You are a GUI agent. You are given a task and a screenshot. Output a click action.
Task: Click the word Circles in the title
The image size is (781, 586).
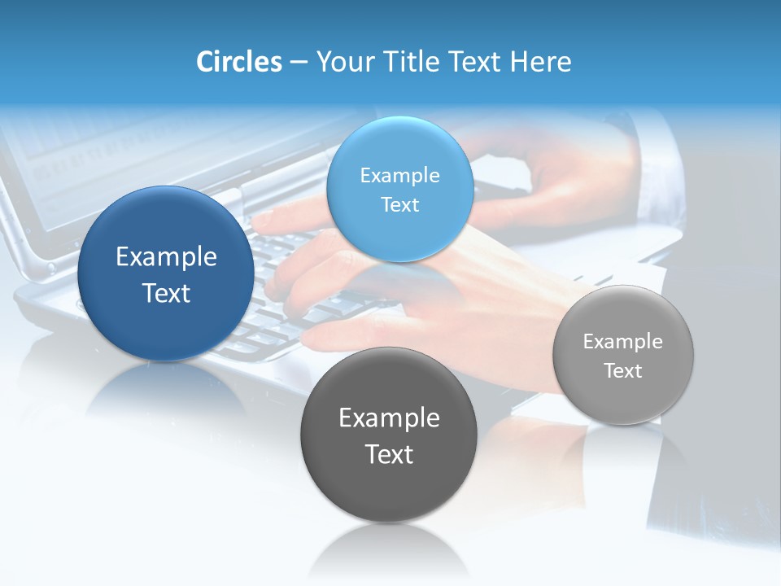238,62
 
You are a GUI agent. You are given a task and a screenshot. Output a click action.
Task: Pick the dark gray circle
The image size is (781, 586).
389,488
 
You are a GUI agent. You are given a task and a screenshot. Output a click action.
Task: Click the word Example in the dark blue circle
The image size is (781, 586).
166,257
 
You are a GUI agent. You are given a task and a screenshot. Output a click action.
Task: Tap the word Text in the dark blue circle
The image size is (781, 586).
166,293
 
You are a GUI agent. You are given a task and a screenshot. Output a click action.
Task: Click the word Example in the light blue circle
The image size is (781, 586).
399,175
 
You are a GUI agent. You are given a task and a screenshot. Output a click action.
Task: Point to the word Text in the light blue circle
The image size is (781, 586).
399,204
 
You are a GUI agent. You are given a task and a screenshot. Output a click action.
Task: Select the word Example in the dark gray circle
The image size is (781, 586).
389,418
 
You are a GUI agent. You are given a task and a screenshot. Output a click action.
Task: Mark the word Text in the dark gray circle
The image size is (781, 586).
389,454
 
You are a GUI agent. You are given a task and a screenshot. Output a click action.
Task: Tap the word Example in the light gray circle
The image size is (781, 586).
623,342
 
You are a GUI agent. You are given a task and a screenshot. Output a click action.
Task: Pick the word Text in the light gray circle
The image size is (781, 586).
623,371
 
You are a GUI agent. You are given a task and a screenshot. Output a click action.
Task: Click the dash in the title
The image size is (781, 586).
298,62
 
